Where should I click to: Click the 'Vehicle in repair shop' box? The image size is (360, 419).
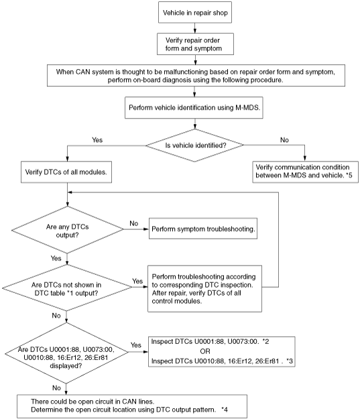click(195, 12)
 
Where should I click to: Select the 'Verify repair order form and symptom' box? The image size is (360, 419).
click(195, 44)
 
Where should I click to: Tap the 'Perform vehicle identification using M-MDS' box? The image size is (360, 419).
click(194, 108)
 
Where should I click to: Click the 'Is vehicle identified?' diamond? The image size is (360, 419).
click(194, 145)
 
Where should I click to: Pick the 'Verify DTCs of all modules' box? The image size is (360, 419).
click(66, 172)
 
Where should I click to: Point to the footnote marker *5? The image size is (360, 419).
click(349, 175)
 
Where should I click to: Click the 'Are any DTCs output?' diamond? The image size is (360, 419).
click(67, 230)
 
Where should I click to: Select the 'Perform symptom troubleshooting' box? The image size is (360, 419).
click(203, 229)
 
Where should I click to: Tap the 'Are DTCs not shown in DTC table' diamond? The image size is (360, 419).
click(67, 288)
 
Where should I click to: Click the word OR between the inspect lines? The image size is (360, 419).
click(205, 351)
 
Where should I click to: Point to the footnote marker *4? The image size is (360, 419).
click(225, 410)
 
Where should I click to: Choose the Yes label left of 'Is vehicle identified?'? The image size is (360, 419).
click(97, 139)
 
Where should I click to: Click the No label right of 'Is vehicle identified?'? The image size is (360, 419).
click(284, 139)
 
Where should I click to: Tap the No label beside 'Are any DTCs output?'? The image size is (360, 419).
click(133, 223)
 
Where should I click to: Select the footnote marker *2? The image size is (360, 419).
click(265, 341)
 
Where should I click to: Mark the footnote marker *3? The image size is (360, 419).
click(290, 361)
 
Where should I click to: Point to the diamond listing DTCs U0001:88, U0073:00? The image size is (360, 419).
click(66, 353)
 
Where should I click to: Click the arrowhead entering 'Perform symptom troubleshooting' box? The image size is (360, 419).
click(146, 229)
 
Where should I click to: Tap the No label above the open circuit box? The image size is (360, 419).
click(56, 387)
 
